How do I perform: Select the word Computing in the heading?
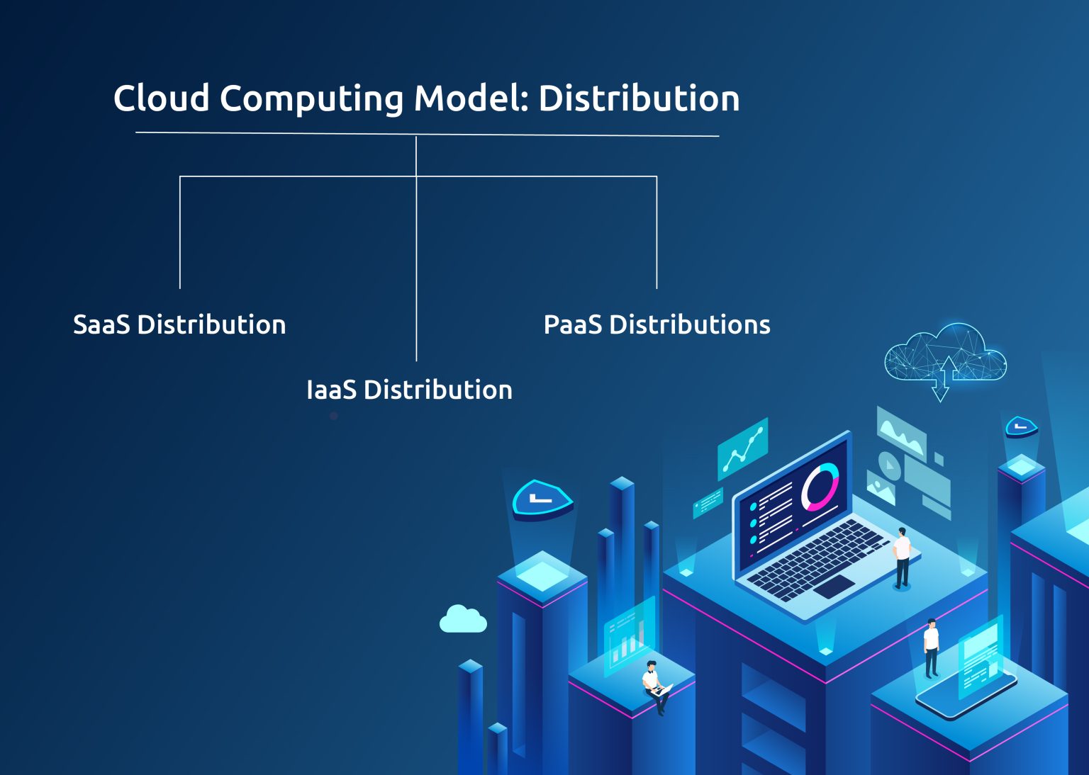coord(311,99)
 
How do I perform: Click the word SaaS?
coord(101,324)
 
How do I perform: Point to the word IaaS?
coord(331,390)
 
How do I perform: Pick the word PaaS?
coord(572,324)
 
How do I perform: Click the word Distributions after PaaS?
coord(689,324)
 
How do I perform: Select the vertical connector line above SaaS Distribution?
coord(180,234)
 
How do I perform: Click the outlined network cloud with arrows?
coord(945,358)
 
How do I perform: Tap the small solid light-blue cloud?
coord(463,619)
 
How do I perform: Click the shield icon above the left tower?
coord(542,499)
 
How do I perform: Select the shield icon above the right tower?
coord(1021,426)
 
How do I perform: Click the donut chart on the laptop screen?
coord(820,487)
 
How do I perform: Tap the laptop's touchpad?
coord(834,586)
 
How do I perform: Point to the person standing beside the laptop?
coord(902,557)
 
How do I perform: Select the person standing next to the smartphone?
coord(931,647)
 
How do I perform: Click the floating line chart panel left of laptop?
coord(743,449)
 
